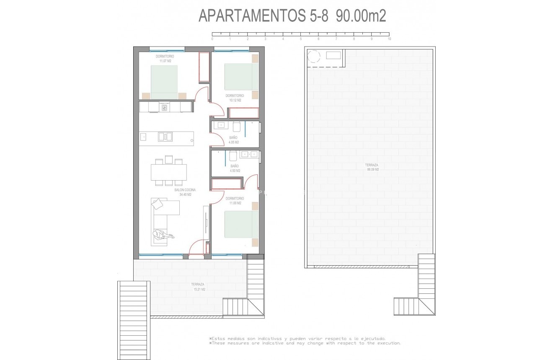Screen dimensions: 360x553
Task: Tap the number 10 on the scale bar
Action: [389, 39]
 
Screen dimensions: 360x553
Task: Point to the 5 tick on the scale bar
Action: [301, 39]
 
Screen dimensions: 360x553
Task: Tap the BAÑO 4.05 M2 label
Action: [234, 140]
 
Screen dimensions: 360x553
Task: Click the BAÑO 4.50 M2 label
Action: [235, 168]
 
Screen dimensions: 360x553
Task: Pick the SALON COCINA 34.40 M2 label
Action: [185, 192]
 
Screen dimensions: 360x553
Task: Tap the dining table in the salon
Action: [169, 172]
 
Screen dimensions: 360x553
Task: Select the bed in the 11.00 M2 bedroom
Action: [241, 224]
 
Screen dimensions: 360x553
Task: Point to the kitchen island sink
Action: [165, 136]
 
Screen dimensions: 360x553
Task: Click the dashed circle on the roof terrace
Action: [313, 56]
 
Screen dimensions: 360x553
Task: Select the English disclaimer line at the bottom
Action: [305, 343]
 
